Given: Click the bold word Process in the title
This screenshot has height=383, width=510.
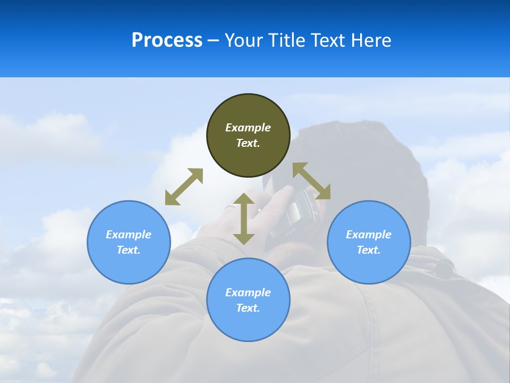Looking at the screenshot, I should pyautogui.click(x=167, y=40).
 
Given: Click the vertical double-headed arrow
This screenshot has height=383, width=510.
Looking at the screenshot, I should pyautogui.click(x=244, y=219).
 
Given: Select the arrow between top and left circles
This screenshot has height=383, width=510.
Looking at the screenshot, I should pyautogui.click(x=184, y=187).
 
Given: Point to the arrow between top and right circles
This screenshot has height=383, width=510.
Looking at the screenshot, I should pyautogui.click(x=311, y=181).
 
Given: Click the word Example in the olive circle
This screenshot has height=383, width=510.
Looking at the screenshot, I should pyautogui.click(x=248, y=128).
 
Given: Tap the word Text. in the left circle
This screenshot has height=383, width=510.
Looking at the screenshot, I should pyautogui.click(x=129, y=250).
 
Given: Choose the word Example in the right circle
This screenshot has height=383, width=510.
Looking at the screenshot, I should pyautogui.click(x=369, y=235).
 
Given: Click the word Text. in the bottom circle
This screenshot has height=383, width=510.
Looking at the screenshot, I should pyautogui.click(x=248, y=308).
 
